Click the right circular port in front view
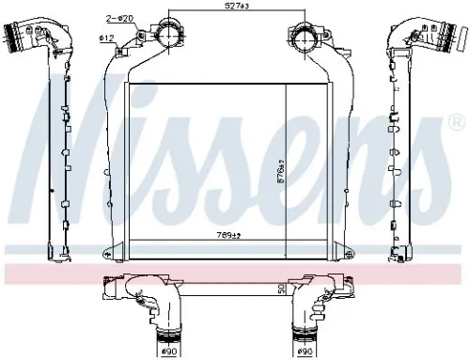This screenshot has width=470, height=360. click(x=303, y=39)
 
